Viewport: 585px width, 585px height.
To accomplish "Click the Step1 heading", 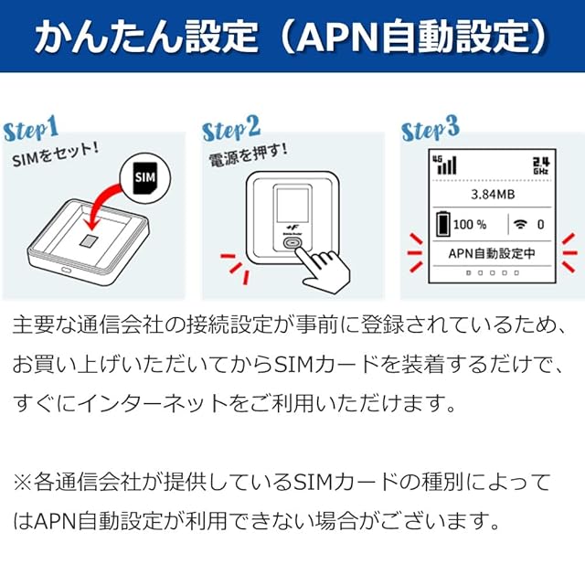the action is point(31,128).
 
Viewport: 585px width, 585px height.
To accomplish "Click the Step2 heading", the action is point(231,129).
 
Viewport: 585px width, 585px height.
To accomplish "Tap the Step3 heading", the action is point(431,128).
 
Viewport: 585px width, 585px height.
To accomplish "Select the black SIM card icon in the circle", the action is point(145,178).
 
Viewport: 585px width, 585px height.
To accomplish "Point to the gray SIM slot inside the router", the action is point(89,240).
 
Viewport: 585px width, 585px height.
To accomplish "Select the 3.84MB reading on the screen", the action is point(493,195).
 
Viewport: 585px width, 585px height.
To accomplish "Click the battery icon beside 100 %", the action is point(443,223).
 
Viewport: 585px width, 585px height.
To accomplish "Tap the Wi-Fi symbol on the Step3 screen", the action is point(520,224).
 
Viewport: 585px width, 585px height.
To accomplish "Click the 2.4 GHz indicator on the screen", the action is point(540,165).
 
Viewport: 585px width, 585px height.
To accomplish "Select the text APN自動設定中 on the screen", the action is point(492,254).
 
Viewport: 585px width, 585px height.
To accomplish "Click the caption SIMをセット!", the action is point(56,154).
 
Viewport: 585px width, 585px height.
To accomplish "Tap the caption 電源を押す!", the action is point(248,155).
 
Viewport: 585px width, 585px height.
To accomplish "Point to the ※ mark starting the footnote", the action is point(23,482).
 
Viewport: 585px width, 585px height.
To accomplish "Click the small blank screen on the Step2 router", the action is point(292,206).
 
